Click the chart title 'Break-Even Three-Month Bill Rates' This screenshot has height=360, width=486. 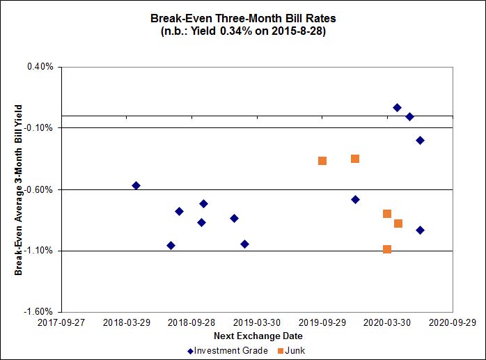243,18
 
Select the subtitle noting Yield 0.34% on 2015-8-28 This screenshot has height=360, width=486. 243,31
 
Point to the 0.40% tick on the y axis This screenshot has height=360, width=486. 40,67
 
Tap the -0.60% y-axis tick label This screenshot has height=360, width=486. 39,189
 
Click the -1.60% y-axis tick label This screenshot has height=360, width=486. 39,312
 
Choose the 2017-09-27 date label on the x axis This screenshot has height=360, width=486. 61,323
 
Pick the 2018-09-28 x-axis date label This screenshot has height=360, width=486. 191,323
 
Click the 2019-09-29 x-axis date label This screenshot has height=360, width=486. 322,323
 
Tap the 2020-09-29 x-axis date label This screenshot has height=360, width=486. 452,323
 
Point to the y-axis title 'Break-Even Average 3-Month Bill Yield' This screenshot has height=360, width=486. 19,189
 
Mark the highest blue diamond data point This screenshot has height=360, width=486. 397,107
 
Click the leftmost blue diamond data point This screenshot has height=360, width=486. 136,185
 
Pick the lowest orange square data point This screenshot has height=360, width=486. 387,249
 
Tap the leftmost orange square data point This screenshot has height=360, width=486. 322,161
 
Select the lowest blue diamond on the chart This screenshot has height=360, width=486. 171,245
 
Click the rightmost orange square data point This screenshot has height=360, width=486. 398,224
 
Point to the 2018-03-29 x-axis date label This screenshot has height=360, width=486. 126,323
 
